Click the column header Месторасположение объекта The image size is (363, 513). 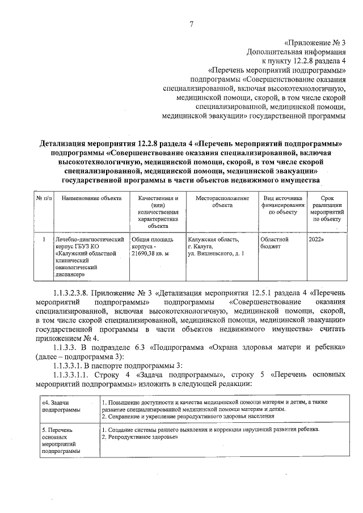click(x=222, y=202)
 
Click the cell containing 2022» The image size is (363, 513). click(x=318, y=240)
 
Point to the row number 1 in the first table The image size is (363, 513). click(x=44, y=240)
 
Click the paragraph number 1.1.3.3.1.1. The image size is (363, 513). click(x=75, y=375)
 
